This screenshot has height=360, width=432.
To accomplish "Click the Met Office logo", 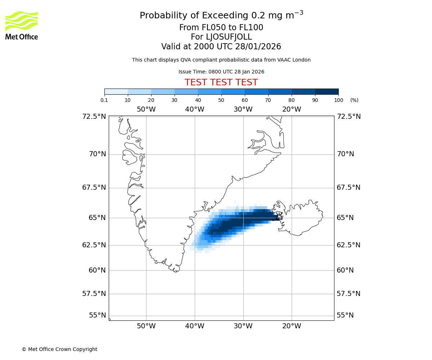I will click(22, 25).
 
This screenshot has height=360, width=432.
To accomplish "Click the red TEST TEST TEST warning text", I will click(221, 82).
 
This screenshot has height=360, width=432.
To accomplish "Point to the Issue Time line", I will click(221, 72).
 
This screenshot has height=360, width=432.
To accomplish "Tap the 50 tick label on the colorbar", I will click(221, 100).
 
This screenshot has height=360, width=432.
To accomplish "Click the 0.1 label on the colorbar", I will click(104, 100).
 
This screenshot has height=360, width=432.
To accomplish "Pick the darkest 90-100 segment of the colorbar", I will click(327, 91).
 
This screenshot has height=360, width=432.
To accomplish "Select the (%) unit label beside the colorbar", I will click(354, 100).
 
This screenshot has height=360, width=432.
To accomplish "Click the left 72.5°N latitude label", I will click(94, 116).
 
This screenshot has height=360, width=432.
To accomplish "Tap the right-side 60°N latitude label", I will click(345, 270).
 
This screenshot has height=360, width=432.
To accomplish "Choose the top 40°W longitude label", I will click(195, 109).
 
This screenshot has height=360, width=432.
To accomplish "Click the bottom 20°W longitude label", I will click(292, 326).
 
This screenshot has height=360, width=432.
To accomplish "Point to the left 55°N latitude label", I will click(97, 315).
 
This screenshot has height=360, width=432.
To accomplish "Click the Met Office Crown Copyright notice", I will click(59, 349).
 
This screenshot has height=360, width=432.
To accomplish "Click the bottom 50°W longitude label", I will click(146, 326).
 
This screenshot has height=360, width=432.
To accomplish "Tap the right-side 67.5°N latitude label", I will click(348, 187).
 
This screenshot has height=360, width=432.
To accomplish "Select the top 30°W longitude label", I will click(243, 109).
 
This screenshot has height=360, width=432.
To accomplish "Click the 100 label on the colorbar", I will click(338, 100).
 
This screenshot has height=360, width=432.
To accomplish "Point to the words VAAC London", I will click(295, 60).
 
